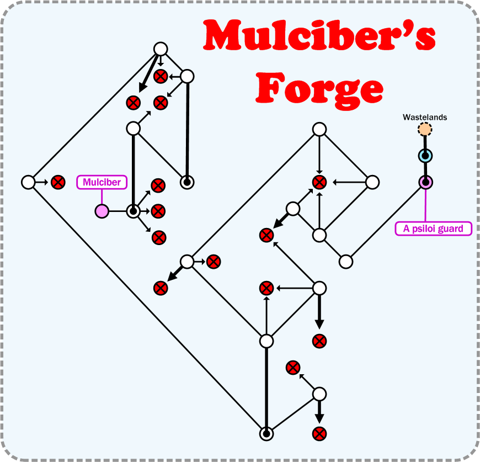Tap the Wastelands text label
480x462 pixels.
pyautogui.click(x=424, y=118)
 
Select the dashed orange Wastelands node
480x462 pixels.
pyautogui.click(x=424, y=130)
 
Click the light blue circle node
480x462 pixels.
pyautogui.click(x=425, y=156)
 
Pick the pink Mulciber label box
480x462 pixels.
pyautogui.click(x=102, y=182)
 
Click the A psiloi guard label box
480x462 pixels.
pyautogui.click(x=434, y=229)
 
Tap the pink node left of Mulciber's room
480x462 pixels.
pyautogui.click(x=102, y=211)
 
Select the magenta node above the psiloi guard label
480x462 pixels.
pyautogui.click(x=425, y=182)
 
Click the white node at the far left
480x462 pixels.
pyautogui.click(x=28, y=182)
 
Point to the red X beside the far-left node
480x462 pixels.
pyautogui.click(x=57, y=182)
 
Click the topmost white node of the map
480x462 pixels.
pyautogui.click(x=160, y=49)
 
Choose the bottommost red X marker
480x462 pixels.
pyautogui.click(x=319, y=433)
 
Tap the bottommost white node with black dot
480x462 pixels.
pyautogui.click(x=266, y=434)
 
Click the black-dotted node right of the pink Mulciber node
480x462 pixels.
pyautogui.click(x=133, y=211)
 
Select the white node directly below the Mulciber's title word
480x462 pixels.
pyautogui.click(x=319, y=129)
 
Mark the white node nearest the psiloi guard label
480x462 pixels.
pyautogui.click(x=346, y=261)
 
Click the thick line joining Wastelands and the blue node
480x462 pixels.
pyautogui.click(x=424, y=142)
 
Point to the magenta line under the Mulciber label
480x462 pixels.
pyautogui.click(x=102, y=197)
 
